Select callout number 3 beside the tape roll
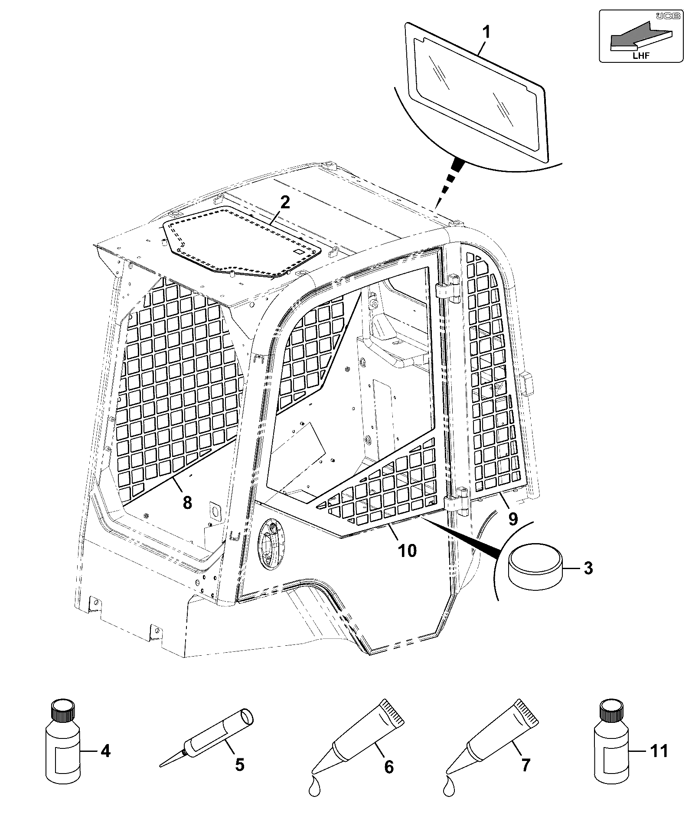point(588,567)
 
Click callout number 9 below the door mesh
point(513,518)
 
